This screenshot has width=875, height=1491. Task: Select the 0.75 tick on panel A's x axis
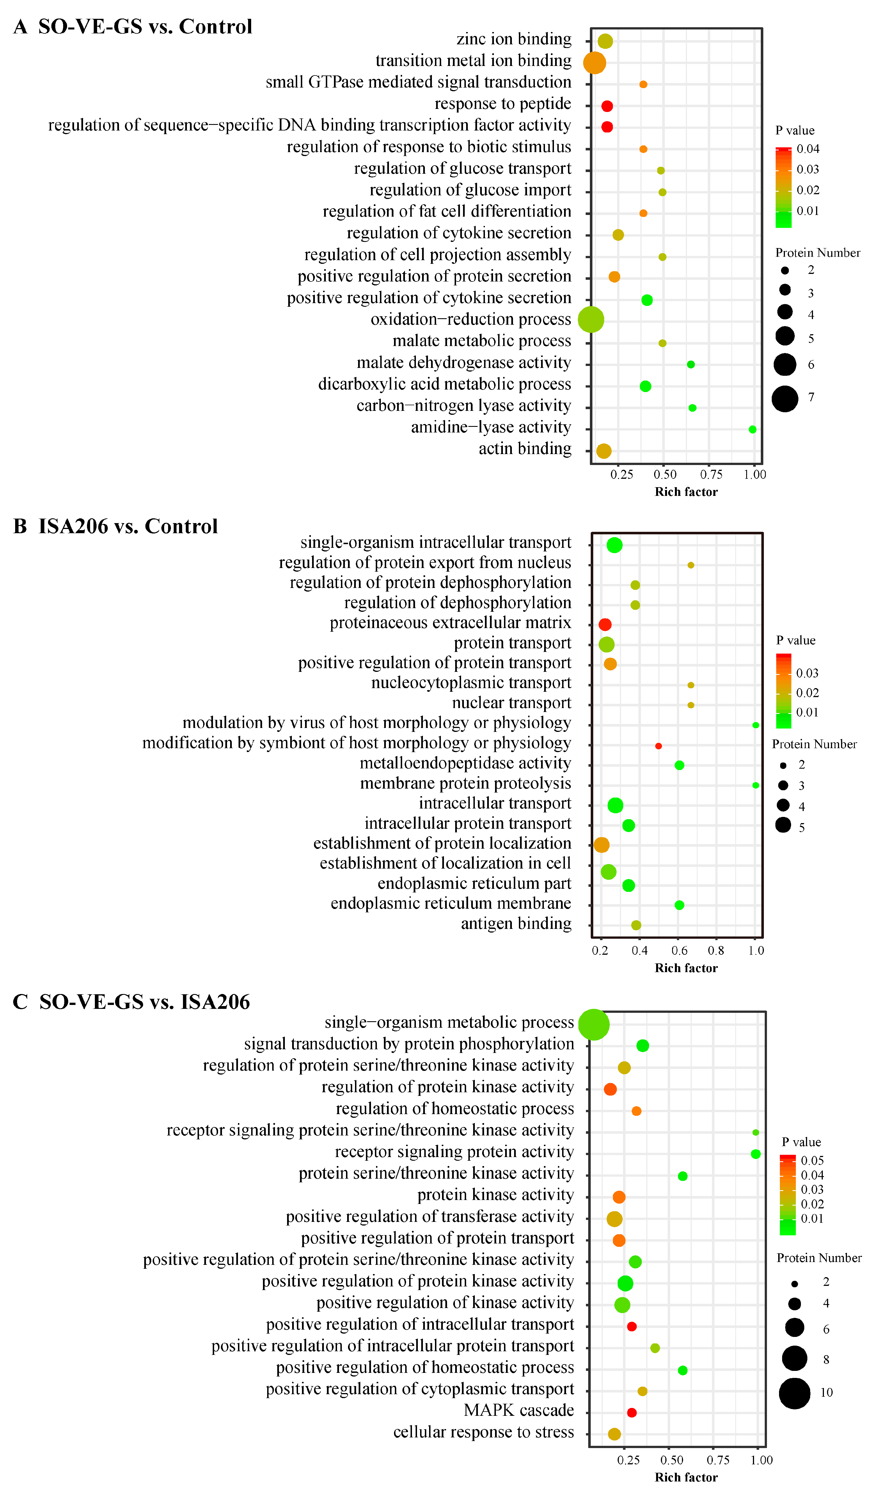[711, 475]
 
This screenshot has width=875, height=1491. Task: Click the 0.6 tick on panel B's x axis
[679, 951]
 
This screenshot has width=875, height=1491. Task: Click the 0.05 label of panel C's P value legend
[812, 1161]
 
